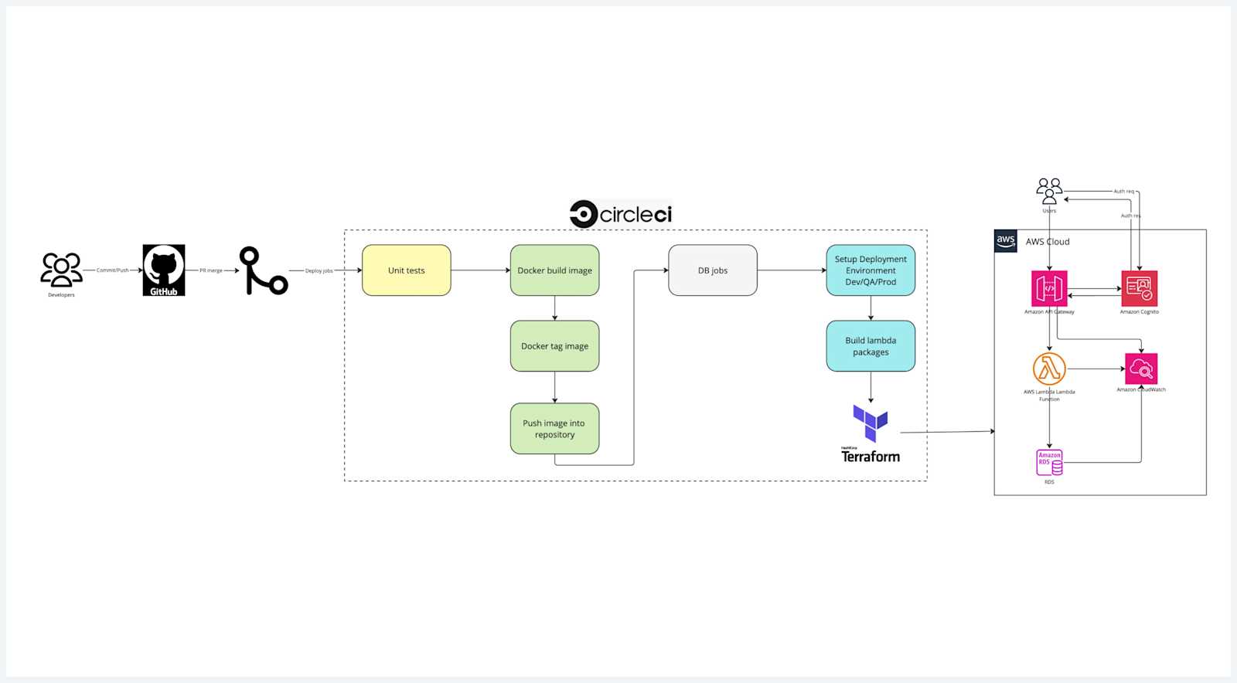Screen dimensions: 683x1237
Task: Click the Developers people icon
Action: pyautogui.click(x=61, y=270)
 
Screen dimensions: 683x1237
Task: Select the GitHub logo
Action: pyautogui.click(x=164, y=270)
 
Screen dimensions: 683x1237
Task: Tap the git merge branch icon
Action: pyautogui.click(x=263, y=270)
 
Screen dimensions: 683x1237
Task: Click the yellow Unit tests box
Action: pyautogui.click(x=406, y=270)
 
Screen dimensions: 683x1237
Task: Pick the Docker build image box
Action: pyautogui.click(x=554, y=270)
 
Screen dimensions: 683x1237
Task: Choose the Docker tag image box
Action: pyautogui.click(x=554, y=346)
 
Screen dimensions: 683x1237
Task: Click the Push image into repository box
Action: pyautogui.click(x=554, y=429)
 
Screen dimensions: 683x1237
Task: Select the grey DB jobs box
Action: pyautogui.click(x=712, y=270)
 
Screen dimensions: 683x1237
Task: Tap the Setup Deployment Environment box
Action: pyautogui.click(x=871, y=270)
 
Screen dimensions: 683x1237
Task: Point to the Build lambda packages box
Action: pyautogui.click(x=871, y=346)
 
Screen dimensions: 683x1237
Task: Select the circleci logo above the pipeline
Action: pyautogui.click(x=621, y=214)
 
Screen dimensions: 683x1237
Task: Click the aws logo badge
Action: pyautogui.click(x=1006, y=241)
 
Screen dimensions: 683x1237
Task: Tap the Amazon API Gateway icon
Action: pyautogui.click(x=1049, y=289)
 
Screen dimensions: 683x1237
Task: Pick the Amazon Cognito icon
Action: pyautogui.click(x=1139, y=289)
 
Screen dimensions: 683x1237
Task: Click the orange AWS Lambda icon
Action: pyautogui.click(x=1049, y=369)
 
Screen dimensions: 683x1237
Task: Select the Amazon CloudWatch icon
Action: pyautogui.click(x=1141, y=369)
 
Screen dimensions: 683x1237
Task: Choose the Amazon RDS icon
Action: pyautogui.click(x=1049, y=463)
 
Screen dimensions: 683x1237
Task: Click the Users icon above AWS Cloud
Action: pyautogui.click(x=1049, y=191)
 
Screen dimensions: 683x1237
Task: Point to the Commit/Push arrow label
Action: pyautogui.click(x=112, y=270)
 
